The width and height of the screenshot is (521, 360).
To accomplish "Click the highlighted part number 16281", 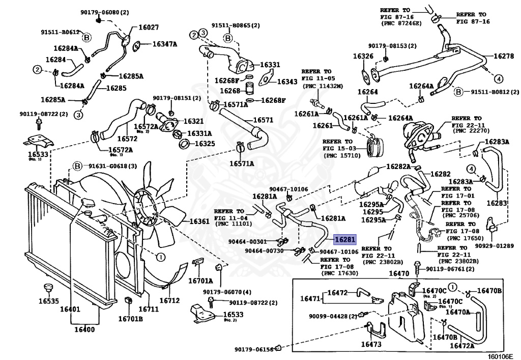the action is point(345,239).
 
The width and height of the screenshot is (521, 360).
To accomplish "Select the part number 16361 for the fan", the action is point(199,221).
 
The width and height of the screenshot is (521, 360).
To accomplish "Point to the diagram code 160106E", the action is point(502,356).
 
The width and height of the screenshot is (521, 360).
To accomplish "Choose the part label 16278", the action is point(504,56).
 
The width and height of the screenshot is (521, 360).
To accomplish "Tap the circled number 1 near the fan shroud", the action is point(160,257).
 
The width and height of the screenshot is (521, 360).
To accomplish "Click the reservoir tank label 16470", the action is point(399,273).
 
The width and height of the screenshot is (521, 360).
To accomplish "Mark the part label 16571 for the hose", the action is point(263,120).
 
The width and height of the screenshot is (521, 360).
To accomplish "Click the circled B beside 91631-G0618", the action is point(77,165).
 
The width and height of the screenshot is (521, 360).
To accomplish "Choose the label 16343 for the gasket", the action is point(287,81).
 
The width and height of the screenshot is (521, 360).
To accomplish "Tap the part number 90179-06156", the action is point(254,349).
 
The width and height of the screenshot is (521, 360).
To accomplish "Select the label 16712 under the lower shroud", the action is point(169,300).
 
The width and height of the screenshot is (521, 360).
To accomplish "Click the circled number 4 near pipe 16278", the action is point(499,79).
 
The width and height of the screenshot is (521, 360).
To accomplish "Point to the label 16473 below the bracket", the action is point(371,344).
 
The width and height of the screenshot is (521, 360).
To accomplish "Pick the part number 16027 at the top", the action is point(149,27).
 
